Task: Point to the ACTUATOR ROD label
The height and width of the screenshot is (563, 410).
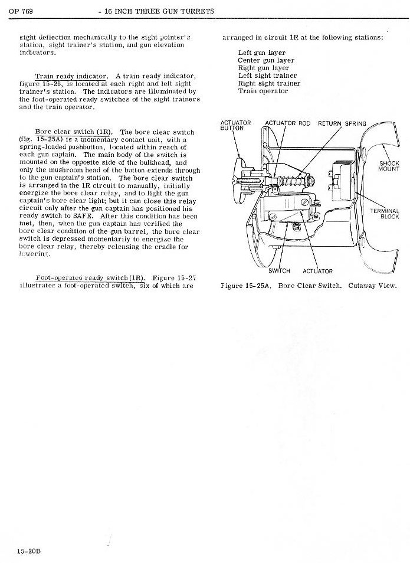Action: pyautogui.click(x=288, y=123)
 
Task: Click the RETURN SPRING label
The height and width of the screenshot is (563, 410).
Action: pyautogui.click(x=342, y=123)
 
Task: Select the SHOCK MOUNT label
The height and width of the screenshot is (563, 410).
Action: pyautogui.click(x=389, y=166)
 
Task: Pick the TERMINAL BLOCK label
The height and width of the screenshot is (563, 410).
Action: pyautogui.click(x=385, y=214)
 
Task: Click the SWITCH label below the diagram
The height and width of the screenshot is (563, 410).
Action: pyautogui.click(x=279, y=271)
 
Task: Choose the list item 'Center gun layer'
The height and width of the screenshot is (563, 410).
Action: pyautogui.click(x=265, y=60)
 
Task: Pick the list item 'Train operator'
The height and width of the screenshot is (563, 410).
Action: pyautogui.click(x=263, y=91)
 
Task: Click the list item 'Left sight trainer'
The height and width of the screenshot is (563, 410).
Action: pyautogui.click(x=267, y=76)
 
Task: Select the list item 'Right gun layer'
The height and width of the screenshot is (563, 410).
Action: pyautogui.click(x=263, y=68)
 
